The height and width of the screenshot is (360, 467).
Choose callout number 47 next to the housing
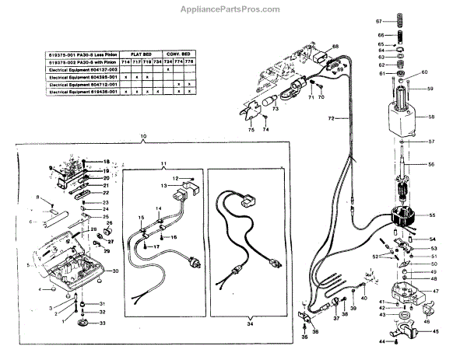click(x=435, y=291)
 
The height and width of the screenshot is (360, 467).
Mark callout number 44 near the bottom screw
click(x=382, y=341)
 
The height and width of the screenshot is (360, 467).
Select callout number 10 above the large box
click(x=143, y=136)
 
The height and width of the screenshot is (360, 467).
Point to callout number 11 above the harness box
click(x=163, y=164)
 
